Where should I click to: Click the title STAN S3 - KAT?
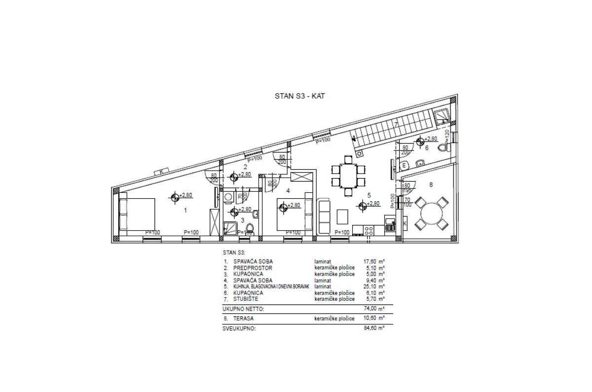(x=298, y=97)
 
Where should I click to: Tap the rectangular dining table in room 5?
(x=348, y=175)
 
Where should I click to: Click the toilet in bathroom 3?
(x=250, y=228)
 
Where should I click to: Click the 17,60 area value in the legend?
(x=371, y=262)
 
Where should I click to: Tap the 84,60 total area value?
(x=370, y=327)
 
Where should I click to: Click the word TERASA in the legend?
(x=242, y=319)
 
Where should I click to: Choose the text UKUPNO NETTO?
(x=243, y=309)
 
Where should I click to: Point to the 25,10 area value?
(x=371, y=286)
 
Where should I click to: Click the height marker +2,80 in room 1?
(x=185, y=195)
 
